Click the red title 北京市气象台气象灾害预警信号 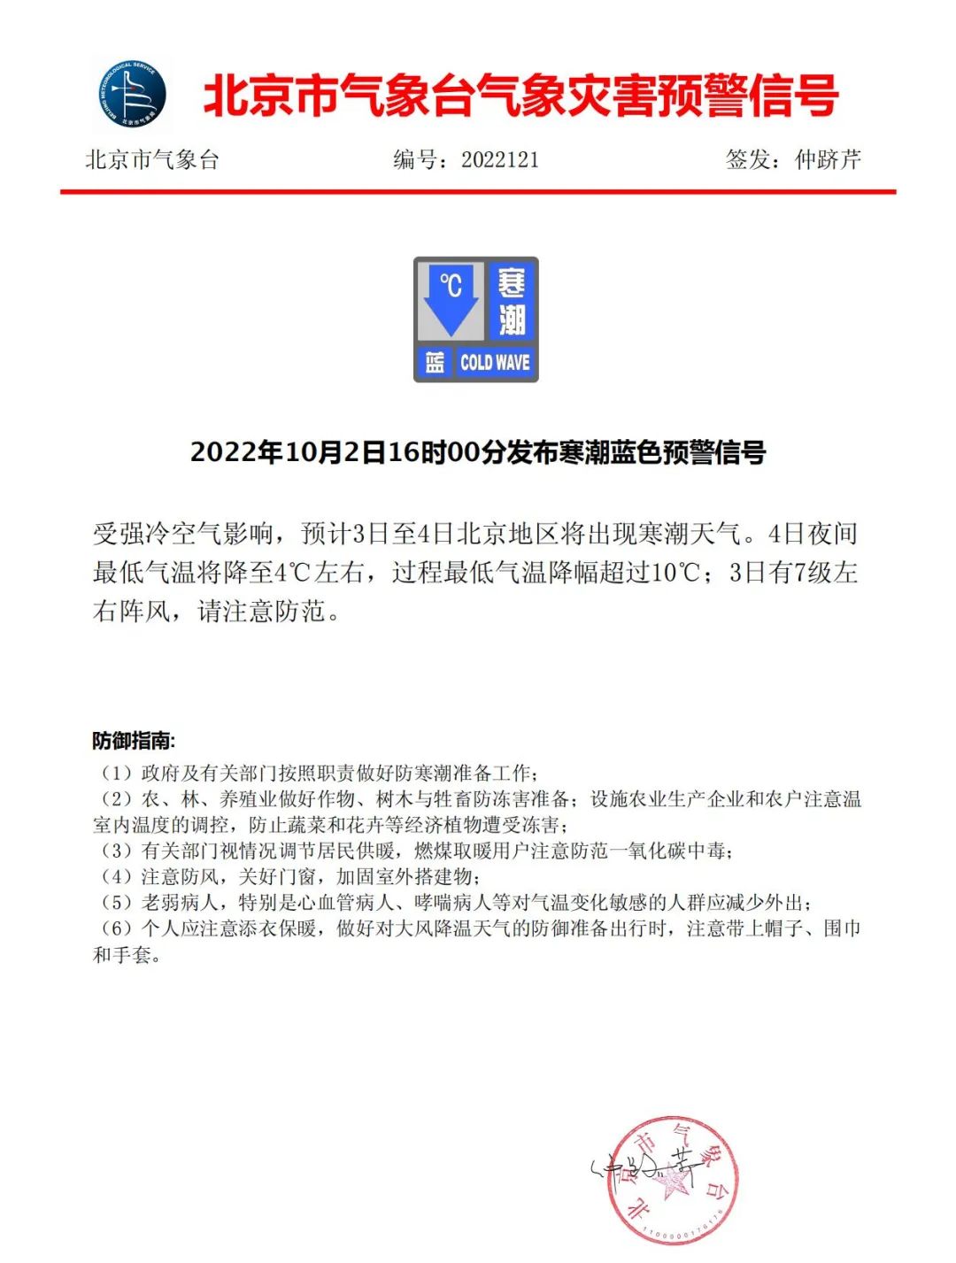pyautogui.click(x=520, y=96)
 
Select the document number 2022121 pyautogui.click(x=500, y=159)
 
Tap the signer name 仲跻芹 pyautogui.click(x=828, y=159)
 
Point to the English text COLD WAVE pyautogui.click(x=495, y=362)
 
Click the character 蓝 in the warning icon pyautogui.click(x=435, y=362)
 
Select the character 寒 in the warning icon pyautogui.click(x=512, y=284)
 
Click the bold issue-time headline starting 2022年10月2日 pyautogui.click(x=478, y=452)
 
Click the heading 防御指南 pyautogui.click(x=134, y=741)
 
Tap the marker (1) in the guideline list pyautogui.click(x=116, y=774)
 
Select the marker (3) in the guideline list pyautogui.click(x=116, y=851)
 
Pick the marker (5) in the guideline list pyautogui.click(x=116, y=903)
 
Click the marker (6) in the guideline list pyautogui.click(x=116, y=928)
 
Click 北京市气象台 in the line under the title pyautogui.click(x=152, y=159)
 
